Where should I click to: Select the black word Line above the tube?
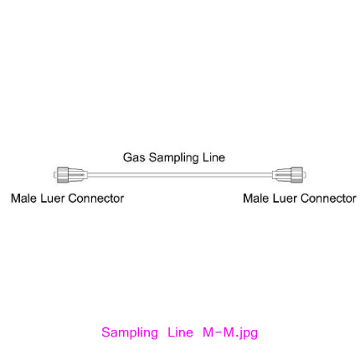pos(213,157)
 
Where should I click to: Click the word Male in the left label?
pos(23,198)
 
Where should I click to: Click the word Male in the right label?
pos(256,198)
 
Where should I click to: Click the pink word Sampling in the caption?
pos(130,333)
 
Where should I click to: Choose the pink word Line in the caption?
pos(180,332)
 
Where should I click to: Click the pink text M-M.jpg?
pos(230,333)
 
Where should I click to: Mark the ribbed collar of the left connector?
pos(63,175)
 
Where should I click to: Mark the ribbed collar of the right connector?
pos(297,175)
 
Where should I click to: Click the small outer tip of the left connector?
pos(55,175)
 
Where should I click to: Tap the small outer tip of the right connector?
pos(305,175)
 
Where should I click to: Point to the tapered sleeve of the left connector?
pos(78,175)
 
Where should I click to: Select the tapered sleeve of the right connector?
pos(281,175)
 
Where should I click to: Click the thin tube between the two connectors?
pos(180,175)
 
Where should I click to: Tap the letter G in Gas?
pos(127,157)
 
